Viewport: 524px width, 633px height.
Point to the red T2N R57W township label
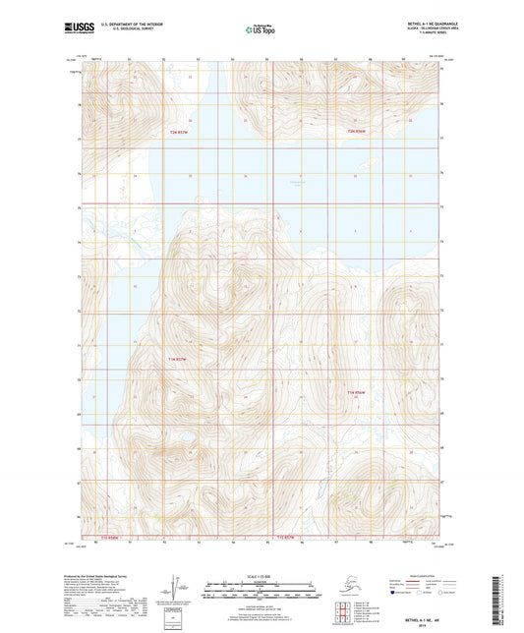[x=179, y=132]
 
